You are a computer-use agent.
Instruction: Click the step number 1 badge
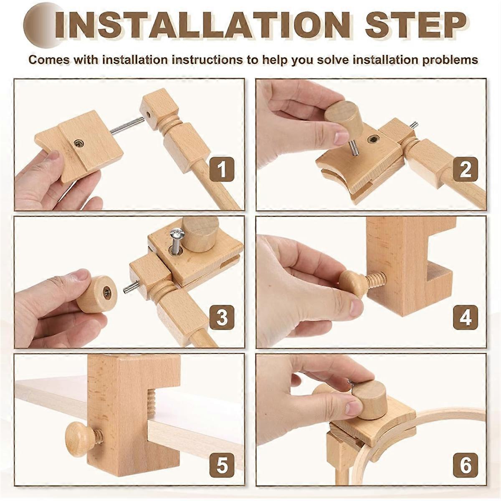coord(222,170)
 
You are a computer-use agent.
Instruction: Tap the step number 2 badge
coord(465,170)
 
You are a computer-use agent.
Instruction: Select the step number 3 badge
coord(222,316)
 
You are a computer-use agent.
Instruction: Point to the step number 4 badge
coord(465,316)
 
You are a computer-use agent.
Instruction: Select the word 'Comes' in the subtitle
coord(49,60)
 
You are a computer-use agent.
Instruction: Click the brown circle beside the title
coord(42,25)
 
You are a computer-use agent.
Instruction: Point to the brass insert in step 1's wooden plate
coord(78,142)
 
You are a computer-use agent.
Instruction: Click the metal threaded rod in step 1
coord(127,126)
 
